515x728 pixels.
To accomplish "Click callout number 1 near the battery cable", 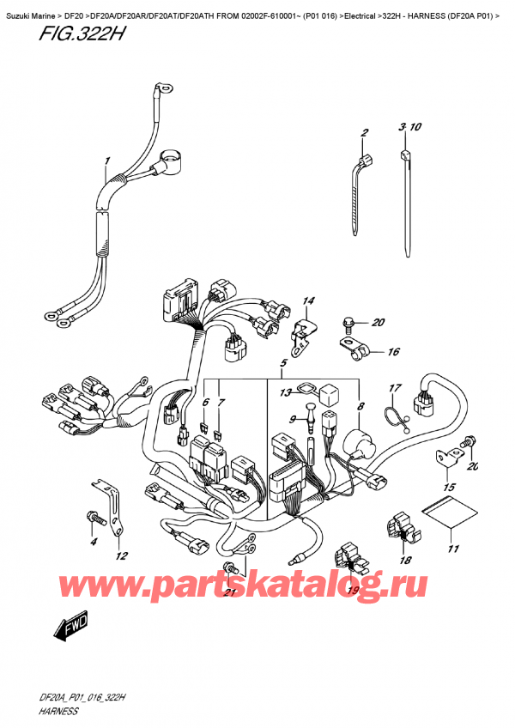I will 107,161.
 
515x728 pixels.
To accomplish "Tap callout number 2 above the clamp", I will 364,132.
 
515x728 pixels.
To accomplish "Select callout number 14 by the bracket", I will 308,300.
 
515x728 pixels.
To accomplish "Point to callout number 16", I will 394,351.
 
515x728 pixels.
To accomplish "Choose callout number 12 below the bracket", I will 121,555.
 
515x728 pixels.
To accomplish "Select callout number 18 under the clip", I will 404,560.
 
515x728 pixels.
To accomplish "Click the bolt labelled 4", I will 94,517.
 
